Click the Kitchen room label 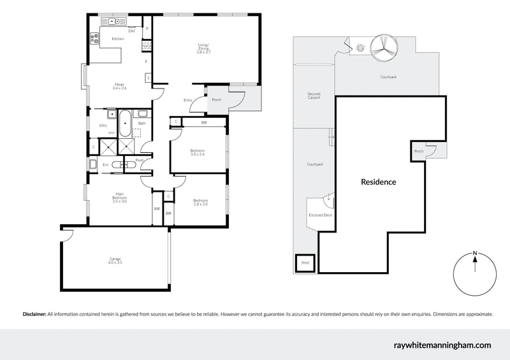tap(118, 40)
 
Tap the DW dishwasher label tap(132, 31)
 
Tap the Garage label tap(115, 260)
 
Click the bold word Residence tap(379, 182)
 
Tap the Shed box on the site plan tap(305, 263)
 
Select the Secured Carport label tap(313, 96)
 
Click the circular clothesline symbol tap(384, 41)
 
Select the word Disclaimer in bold tap(34, 314)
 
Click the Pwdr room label tap(139, 160)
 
